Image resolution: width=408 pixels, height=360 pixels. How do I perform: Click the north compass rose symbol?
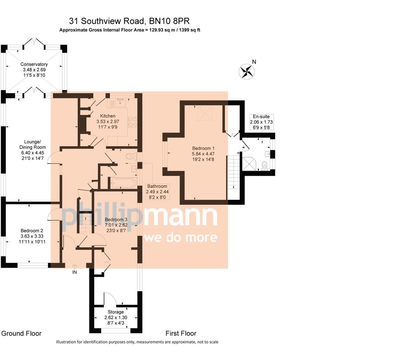(x=247, y=71)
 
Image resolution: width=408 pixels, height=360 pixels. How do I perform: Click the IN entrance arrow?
(x=75, y=267)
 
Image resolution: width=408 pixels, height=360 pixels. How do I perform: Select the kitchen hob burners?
(x=132, y=122)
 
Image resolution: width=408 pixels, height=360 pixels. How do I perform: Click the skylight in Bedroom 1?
(x=204, y=114)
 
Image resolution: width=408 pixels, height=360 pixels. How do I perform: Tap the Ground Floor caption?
(x=21, y=333)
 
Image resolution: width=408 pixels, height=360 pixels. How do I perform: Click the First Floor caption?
(x=181, y=333)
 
